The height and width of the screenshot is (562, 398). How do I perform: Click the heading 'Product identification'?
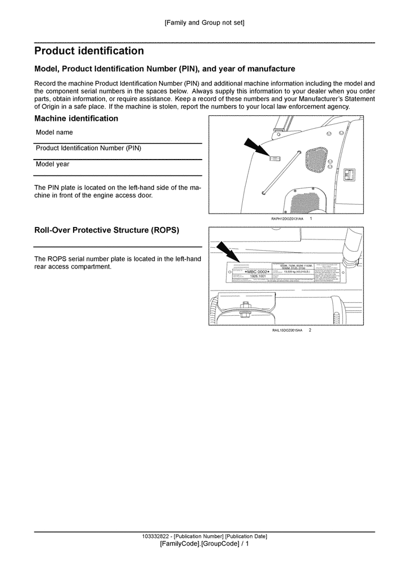pyautogui.click(x=89, y=51)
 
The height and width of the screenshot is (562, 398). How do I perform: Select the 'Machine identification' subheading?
pyautogui.click(x=76, y=119)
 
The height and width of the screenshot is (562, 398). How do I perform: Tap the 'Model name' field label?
pyautogui.click(x=54, y=133)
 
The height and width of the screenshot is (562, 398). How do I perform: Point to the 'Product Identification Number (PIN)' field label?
pyautogui.click(x=88, y=148)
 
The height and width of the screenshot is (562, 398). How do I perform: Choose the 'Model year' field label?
pyautogui.click(x=52, y=165)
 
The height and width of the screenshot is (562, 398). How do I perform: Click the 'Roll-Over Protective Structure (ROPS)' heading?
pyautogui.click(x=107, y=230)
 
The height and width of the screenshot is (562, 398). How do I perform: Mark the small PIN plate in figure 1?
pyautogui.click(x=275, y=160)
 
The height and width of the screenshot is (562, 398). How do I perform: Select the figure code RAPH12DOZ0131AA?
pyautogui.click(x=286, y=218)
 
